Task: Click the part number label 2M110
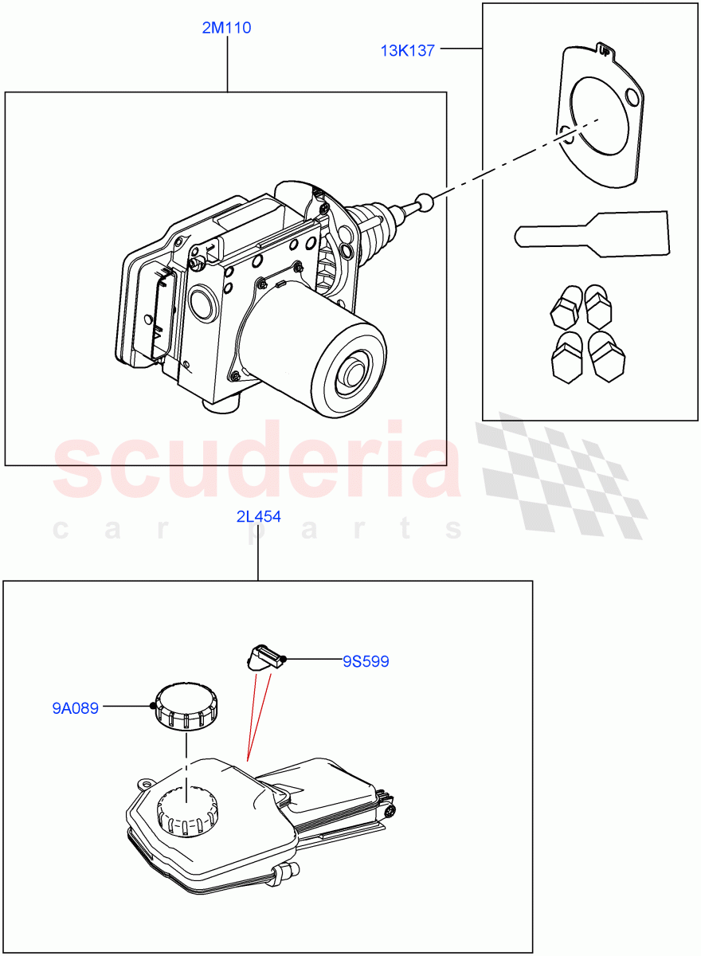[227, 28]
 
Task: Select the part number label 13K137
[407, 51]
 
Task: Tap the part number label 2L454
[258, 516]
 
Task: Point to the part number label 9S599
[366, 661]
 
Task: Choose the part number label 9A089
[76, 707]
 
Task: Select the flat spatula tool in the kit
[593, 235]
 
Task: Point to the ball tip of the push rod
[428, 202]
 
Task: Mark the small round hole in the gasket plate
[633, 97]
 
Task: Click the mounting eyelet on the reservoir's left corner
[145, 783]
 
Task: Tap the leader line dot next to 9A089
[152, 706]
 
